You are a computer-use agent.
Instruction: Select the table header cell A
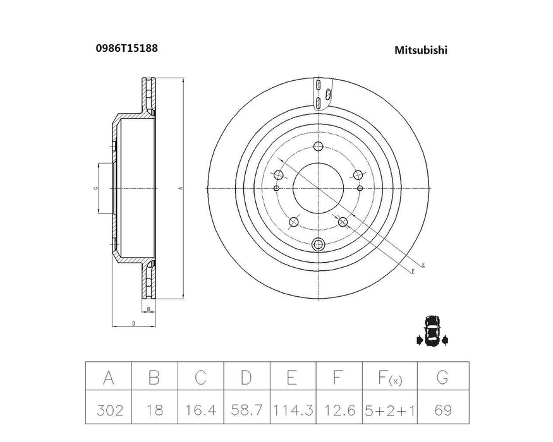pos(108,378)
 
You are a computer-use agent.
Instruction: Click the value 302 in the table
pos(108,410)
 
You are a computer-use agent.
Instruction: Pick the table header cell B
pos(154,378)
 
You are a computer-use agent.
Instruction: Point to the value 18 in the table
pos(154,410)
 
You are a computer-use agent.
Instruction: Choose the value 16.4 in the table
pos(200,410)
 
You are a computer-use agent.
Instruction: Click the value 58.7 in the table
pos(246,410)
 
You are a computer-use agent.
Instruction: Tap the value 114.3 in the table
pos(293,410)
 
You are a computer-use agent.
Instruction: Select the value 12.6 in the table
pos(339,410)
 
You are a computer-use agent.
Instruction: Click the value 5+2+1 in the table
pos(385,410)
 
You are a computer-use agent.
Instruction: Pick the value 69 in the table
pos(442,410)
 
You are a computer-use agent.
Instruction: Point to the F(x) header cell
pos(385,378)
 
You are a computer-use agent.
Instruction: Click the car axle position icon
pos(432,331)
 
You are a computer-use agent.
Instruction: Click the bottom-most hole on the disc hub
pos(319,244)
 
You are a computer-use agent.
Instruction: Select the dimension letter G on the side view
pos(95,188)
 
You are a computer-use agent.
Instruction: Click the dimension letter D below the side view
pos(133,324)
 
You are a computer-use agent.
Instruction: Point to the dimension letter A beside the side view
pos(180,188)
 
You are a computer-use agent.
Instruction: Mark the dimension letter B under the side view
pos(148,309)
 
